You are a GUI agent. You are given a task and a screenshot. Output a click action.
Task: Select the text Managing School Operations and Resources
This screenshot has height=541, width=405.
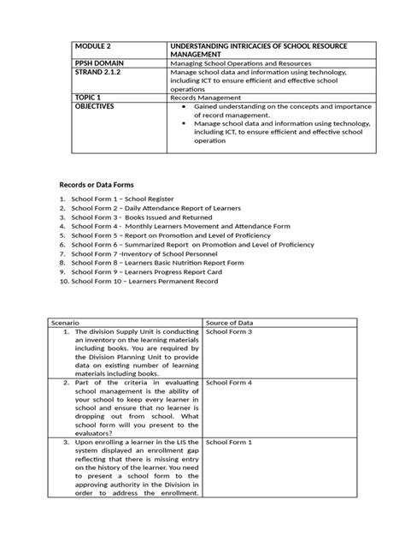click(244, 62)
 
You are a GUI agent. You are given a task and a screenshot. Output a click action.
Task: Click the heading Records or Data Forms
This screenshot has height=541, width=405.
click(96, 185)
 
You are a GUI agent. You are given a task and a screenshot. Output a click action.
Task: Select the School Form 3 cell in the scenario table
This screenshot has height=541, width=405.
click(229, 331)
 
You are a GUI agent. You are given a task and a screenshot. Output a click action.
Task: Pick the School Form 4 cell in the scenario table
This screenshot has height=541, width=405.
click(229, 382)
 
